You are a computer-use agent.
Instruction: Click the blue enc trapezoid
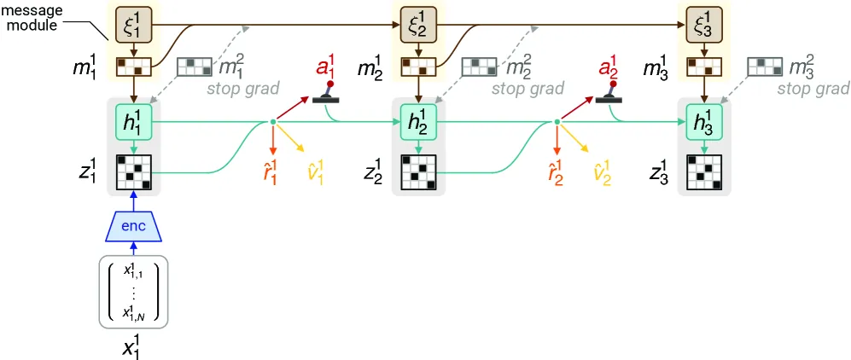(x=133, y=226)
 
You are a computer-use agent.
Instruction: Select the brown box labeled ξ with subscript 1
(x=133, y=25)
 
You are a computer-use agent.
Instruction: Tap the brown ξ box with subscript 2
(x=418, y=25)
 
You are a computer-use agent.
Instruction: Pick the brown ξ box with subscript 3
(x=704, y=25)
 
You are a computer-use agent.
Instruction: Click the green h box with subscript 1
(x=133, y=123)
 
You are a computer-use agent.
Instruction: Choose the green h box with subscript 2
(x=418, y=123)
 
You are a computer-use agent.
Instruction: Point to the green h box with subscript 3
(x=704, y=123)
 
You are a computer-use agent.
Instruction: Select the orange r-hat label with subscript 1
(x=271, y=174)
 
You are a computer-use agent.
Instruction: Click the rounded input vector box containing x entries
(x=133, y=293)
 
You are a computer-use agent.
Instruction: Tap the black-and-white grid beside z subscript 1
(x=133, y=172)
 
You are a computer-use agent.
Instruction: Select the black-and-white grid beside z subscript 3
(x=704, y=172)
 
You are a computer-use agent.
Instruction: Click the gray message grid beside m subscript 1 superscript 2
(x=195, y=67)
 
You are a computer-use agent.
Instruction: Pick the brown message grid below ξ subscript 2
(x=418, y=67)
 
